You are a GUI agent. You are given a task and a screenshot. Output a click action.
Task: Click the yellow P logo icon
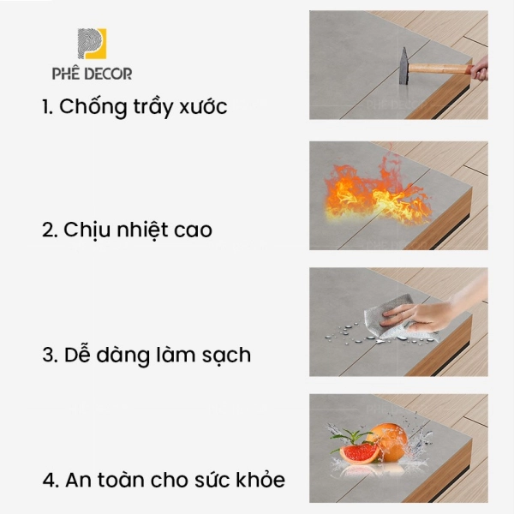click(92, 44)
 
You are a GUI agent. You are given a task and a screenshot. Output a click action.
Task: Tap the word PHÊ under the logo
click(66, 73)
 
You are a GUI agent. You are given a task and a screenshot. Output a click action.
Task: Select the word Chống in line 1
click(93, 107)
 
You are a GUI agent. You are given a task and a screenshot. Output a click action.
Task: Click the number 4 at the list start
click(49, 480)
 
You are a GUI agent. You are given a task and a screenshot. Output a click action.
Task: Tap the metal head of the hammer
click(403, 66)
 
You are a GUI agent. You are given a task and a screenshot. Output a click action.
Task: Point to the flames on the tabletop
click(378, 192)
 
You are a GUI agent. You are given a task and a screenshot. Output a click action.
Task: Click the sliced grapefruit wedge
click(360, 452)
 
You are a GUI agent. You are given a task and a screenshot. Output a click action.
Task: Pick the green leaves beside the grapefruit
click(350, 437)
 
